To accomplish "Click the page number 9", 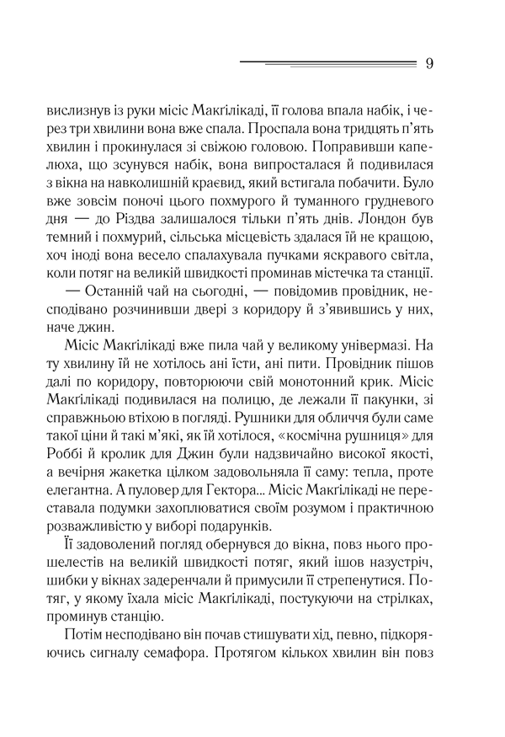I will point(429,65).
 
